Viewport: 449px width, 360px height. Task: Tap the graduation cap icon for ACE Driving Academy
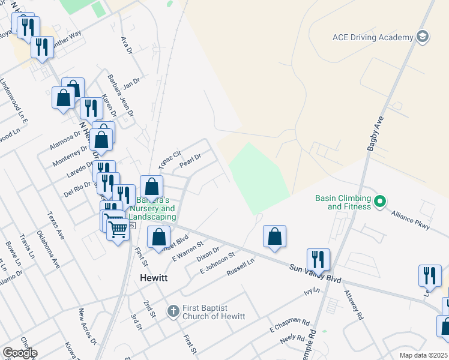click(423, 37)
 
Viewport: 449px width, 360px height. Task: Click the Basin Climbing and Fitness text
click(343, 202)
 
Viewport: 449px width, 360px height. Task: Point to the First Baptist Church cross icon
click(173, 311)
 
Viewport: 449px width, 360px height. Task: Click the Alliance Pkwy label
click(411, 220)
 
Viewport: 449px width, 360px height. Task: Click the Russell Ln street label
click(240, 268)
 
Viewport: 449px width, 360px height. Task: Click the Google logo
click(20, 353)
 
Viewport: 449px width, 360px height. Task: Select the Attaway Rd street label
click(354, 304)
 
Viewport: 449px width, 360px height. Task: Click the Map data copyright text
click(423, 355)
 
